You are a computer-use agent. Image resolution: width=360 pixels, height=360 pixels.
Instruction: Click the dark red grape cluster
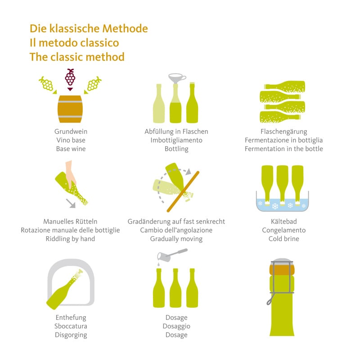click(x=70, y=77)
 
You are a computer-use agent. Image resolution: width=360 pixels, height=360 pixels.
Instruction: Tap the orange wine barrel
click(x=71, y=109)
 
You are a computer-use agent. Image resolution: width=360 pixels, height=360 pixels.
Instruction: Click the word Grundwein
click(x=71, y=132)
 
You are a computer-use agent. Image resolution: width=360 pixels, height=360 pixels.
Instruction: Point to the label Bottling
click(x=176, y=149)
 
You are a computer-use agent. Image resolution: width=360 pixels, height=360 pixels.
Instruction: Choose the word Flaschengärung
click(x=283, y=132)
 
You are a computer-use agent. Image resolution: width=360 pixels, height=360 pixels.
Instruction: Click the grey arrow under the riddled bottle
click(x=70, y=204)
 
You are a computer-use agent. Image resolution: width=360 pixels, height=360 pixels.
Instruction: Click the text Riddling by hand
click(x=70, y=239)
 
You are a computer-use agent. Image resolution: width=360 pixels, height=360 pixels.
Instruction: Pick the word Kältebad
click(x=283, y=222)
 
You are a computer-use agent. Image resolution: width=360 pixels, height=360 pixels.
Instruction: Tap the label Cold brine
click(x=283, y=239)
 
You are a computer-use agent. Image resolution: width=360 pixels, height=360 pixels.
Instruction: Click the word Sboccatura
click(x=71, y=326)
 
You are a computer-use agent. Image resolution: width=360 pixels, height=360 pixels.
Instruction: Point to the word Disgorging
click(x=71, y=335)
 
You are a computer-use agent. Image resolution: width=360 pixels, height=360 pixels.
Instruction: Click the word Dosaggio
click(x=176, y=326)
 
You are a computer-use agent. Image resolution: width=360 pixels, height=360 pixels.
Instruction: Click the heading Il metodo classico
click(x=74, y=43)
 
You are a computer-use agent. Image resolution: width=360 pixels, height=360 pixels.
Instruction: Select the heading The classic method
click(x=77, y=57)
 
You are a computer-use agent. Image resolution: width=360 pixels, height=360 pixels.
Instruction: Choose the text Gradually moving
click(x=176, y=239)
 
